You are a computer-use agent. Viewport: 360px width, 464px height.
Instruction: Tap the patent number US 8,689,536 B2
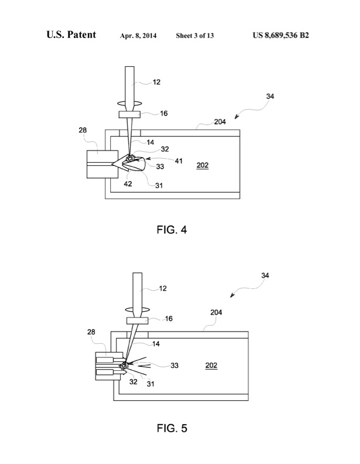(x=281, y=36)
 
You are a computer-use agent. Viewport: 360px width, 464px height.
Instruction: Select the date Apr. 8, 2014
(x=138, y=36)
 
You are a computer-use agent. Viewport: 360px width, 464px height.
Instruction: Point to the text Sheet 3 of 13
(x=195, y=36)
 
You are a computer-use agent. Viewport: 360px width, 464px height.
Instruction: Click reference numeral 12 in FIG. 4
(x=156, y=83)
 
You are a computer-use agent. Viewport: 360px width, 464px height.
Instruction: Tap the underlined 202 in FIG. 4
(x=203, y=165)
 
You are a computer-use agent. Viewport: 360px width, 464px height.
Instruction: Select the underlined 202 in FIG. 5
(x=211, y=366)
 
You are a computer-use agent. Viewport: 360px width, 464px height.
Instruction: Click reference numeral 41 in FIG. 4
(x=178, y=159)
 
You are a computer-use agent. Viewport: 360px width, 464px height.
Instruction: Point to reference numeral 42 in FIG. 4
(x=128, y=183)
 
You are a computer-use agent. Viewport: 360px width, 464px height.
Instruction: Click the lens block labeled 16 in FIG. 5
(x=140, y=320)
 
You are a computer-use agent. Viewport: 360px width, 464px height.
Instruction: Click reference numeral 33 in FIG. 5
(x=174, y=365)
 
